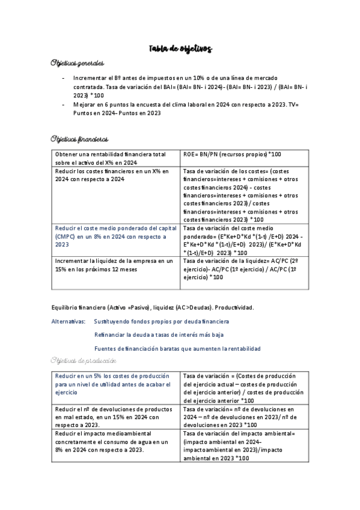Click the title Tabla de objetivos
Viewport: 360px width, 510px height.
tap(180, 49)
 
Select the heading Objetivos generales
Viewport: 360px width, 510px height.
tap(78, 63)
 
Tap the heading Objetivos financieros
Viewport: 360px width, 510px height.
tap(80, 139)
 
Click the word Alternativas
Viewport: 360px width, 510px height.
tap(69, 322)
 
